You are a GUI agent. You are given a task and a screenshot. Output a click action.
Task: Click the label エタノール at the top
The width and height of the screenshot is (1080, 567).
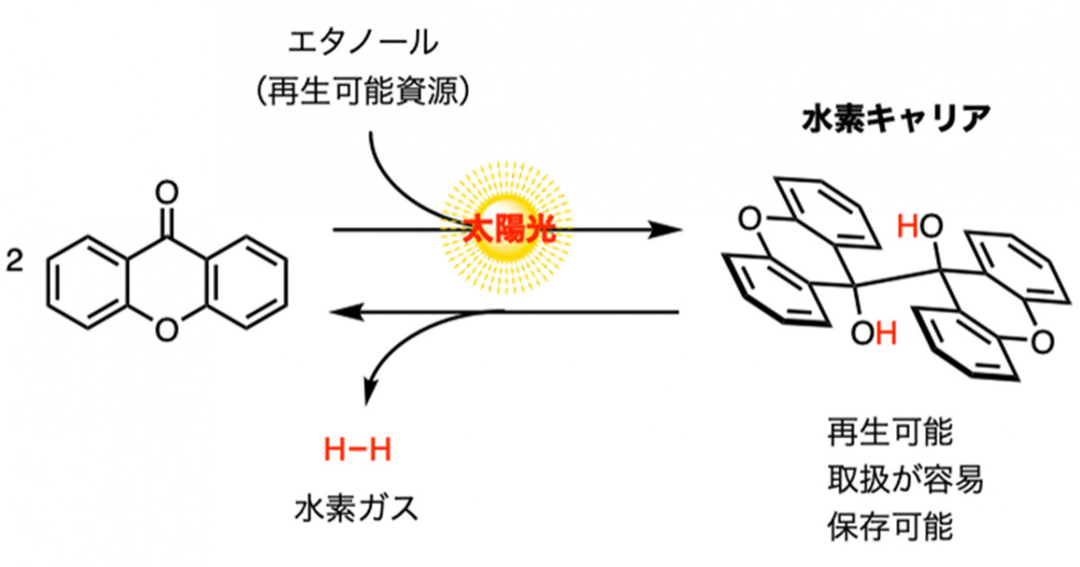coord(363,43)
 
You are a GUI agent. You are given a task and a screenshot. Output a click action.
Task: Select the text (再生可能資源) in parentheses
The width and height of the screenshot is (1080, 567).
coord(363,91)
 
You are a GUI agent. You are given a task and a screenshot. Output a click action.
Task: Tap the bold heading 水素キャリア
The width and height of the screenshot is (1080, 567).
coord(896,119)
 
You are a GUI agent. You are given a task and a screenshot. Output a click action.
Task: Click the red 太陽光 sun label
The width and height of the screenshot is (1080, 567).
coord(508,229)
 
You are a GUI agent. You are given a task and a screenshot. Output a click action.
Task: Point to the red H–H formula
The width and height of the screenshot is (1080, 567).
coord(357,450)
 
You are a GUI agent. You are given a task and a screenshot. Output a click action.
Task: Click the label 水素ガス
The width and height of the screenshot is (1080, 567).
coord(356,508)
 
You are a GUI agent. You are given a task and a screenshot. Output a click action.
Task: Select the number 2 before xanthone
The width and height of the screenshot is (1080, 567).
coord(14,261)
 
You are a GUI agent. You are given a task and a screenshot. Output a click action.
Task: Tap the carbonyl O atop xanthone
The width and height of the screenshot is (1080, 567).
coord(166,193)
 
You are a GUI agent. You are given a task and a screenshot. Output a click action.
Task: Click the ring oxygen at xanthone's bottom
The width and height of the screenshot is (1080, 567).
coord(166,330)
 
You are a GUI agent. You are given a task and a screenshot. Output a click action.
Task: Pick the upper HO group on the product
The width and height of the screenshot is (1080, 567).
coord(920,226)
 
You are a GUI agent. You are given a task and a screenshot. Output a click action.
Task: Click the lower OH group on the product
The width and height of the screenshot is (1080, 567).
coord(874,333)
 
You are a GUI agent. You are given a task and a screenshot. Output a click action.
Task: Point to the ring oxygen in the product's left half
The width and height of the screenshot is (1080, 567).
coord(750,219)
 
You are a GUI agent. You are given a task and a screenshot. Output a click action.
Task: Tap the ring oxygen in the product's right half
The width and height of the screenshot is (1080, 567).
coord(1042,343)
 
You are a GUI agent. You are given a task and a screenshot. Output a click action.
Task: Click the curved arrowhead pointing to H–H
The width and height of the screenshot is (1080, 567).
coord(369,391)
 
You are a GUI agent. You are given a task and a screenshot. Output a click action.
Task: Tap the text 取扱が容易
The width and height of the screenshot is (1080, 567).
coord(905,479)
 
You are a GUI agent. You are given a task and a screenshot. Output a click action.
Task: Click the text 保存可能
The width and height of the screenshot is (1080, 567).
coord(890,526)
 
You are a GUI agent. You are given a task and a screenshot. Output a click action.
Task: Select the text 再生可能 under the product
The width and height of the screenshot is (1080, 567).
coord(890,432)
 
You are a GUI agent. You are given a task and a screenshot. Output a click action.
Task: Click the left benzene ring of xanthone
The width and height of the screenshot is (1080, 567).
coord(87,283)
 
